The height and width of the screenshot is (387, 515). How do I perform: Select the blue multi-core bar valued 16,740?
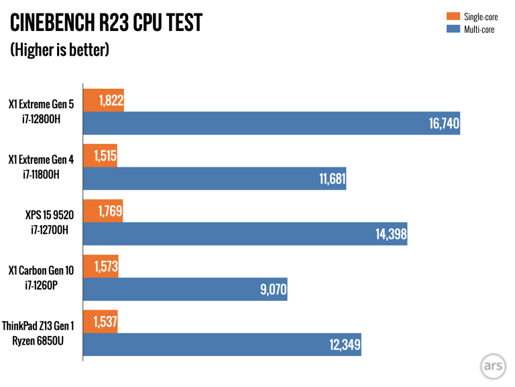271,123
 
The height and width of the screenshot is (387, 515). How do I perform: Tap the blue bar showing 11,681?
214,178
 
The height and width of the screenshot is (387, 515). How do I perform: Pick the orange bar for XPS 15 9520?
102,211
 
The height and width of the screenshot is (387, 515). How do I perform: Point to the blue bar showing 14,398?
244,234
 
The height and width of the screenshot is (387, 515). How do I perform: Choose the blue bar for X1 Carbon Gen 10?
184,290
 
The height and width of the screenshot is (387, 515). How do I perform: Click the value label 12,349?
345,345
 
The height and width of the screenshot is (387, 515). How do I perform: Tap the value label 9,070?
272,290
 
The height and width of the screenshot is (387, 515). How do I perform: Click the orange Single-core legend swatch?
452,16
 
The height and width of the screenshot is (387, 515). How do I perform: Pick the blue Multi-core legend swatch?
452,29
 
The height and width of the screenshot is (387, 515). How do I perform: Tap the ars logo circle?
492,366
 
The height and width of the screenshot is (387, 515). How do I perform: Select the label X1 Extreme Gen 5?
41,104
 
